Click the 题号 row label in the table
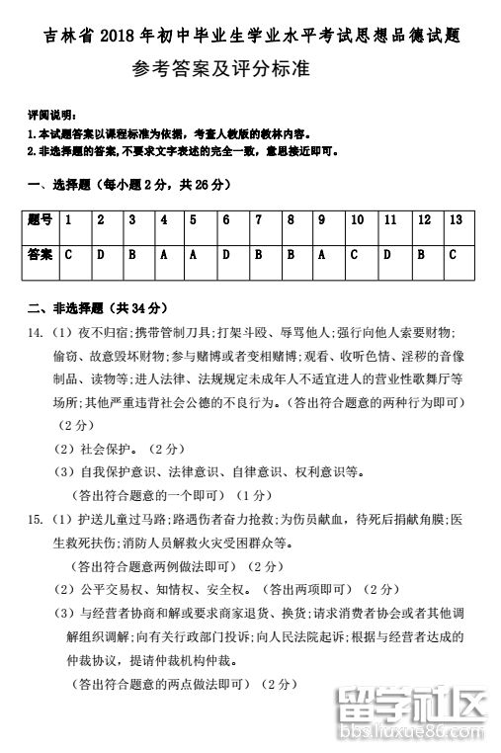point(41,220)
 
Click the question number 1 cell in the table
point(69,220)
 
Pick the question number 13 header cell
point(455,220)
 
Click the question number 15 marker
point(36,518)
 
